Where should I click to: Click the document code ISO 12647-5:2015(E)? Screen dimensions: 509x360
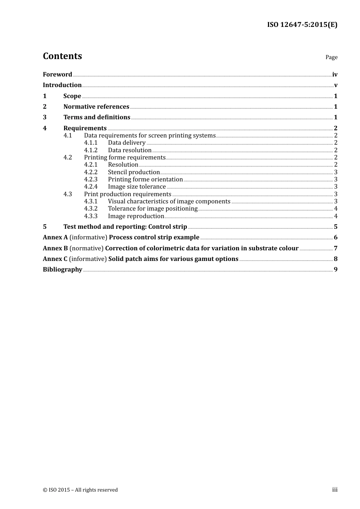[x=302, y=25]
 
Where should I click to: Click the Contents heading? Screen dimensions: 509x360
[x=62, y=56]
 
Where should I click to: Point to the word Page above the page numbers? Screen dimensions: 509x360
[x=331, y=57]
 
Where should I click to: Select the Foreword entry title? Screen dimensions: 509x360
[x=57, y=75]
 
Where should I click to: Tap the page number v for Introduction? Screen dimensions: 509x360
[x=335, y=85]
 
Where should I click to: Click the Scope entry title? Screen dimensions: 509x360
[x=72, y=96]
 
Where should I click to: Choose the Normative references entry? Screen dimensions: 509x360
[x=96, y=107]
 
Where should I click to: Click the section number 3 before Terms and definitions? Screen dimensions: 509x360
[x=45, y=117]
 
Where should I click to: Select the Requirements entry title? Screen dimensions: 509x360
[x=85, y=128]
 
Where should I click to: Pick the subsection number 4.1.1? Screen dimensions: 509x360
[x=91, y=143]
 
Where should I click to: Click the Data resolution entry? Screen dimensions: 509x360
[x=130, y=150]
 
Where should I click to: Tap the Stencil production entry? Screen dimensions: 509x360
[x=134, y=172]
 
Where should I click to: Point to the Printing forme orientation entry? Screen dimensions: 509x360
[x=145, y=180]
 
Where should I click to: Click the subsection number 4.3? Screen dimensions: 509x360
[x=67, y=194]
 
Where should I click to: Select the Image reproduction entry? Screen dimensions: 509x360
[x=136, y=216]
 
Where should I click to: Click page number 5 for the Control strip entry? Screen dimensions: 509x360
[x=335, y=227]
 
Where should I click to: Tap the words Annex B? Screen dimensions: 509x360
[x=55, y=248]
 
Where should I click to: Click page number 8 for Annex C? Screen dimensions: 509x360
[x=335, y=259]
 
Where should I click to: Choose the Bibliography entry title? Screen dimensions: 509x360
[x=63, y=270]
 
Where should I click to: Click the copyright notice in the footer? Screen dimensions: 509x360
[x=80, y=490]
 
